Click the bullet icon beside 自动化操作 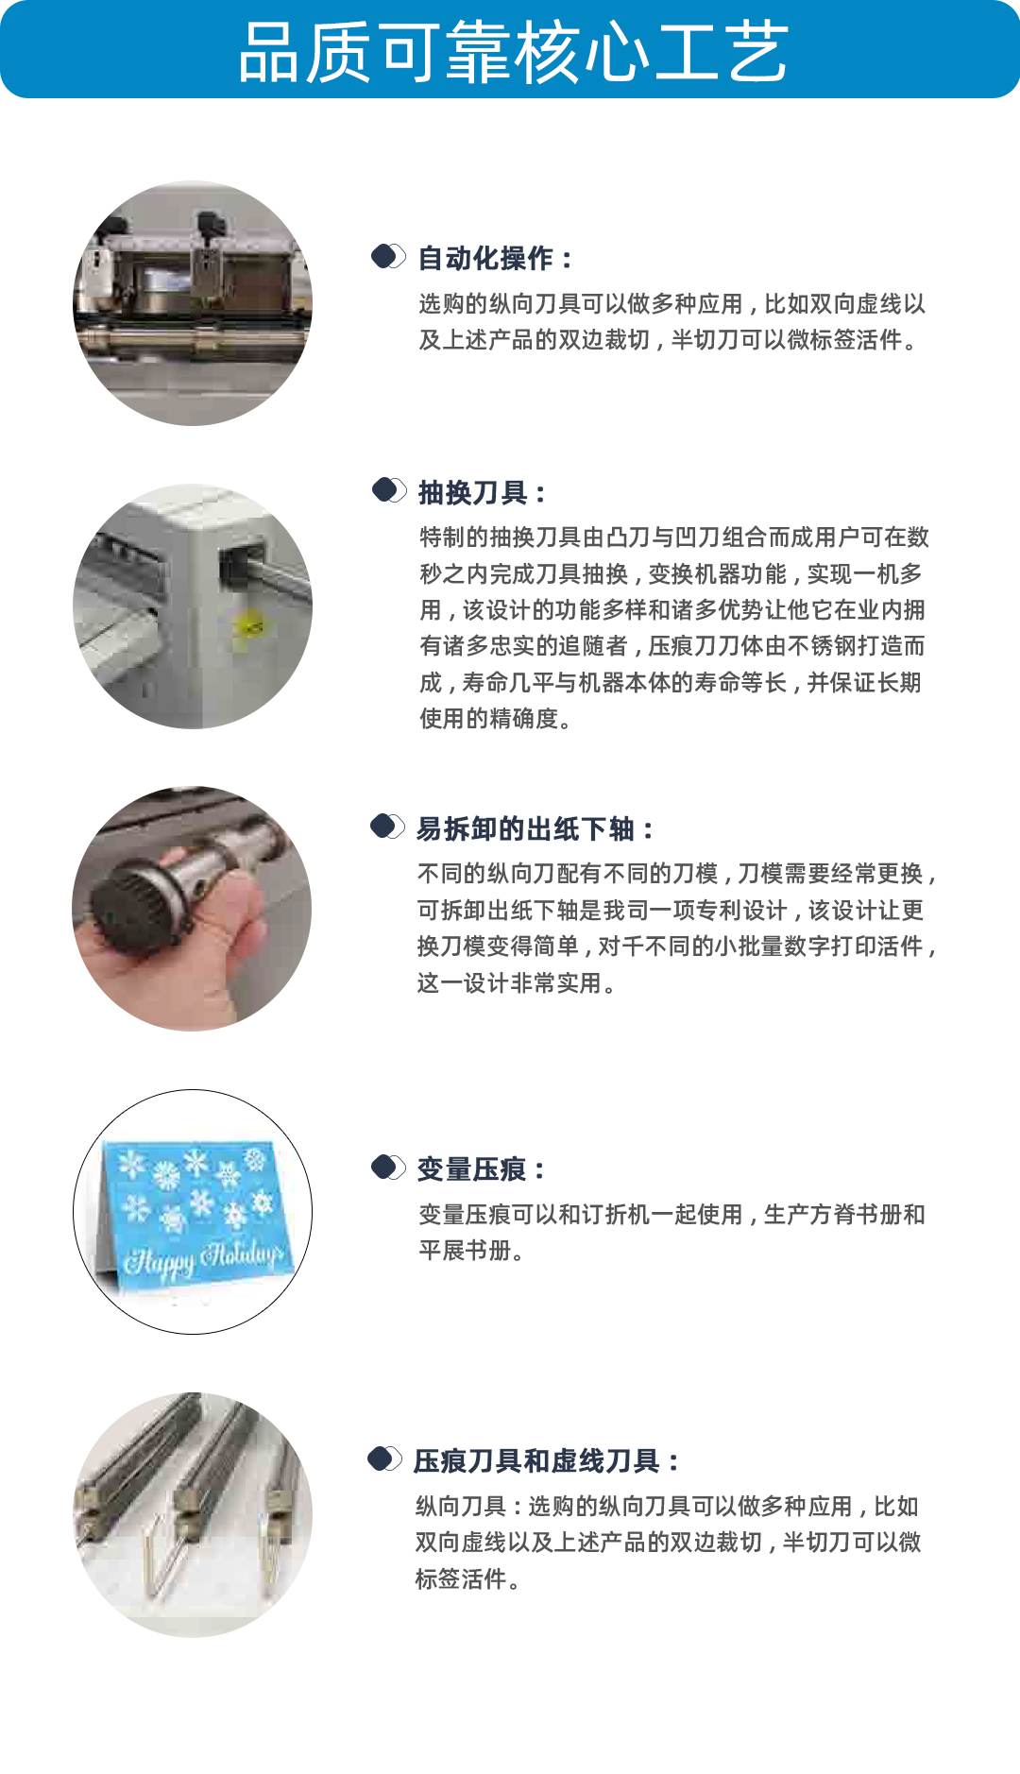point(388,256)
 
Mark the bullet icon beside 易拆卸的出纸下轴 point(387,826)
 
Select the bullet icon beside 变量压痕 point(388,1167)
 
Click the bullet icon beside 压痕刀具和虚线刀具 point(384,1458)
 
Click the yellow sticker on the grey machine point(249,625)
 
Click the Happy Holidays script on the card point(203,1257)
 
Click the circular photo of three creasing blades point(193,1514)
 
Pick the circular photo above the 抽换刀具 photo point(193,303)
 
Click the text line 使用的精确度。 point(496,718)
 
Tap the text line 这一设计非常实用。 point(517,982)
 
